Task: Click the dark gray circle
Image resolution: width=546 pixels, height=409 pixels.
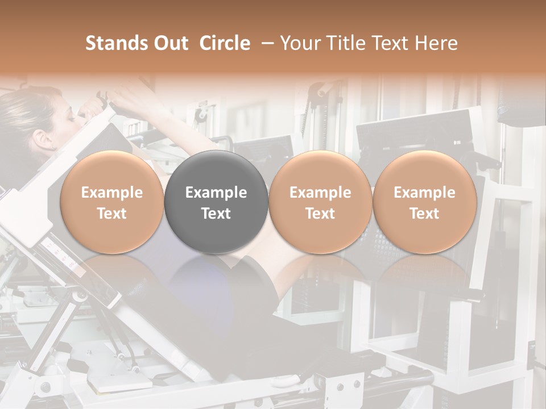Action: pos(216,202)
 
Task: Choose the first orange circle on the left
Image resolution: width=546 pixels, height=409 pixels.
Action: pos(112,202)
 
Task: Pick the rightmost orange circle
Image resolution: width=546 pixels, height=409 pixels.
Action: pos(424,202)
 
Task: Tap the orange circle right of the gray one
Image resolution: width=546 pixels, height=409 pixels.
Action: pos(320,202)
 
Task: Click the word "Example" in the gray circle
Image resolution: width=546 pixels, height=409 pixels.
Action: pos(216,193)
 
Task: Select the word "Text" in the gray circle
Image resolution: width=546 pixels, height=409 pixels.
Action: pos(216,214)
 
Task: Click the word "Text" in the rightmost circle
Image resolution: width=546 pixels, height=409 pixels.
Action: pos(424,214)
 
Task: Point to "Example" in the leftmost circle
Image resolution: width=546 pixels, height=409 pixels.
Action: pos(112,193)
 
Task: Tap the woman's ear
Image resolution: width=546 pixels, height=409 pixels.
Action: pos(42,138)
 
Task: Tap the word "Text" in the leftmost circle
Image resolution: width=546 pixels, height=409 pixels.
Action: pos(112,214)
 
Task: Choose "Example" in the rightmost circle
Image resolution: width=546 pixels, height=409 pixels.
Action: pos(424,193)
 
